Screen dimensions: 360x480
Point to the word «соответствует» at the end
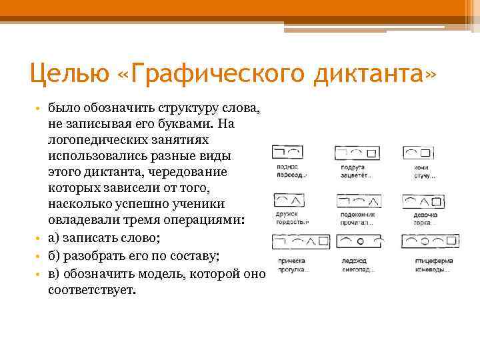pyautogui.click(x=91, y=291)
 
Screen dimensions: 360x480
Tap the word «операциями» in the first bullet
pyautogui.click(x=200, y=221)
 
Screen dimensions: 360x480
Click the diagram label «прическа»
pyautogui.click(x=290, y=261)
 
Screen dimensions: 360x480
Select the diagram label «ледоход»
pyautogui.click(x=354, y=261)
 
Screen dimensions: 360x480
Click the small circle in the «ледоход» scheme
pyautogui.click(x=360, y=240)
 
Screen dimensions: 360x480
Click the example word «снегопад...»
pyautogui.click(x=356, y=269)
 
